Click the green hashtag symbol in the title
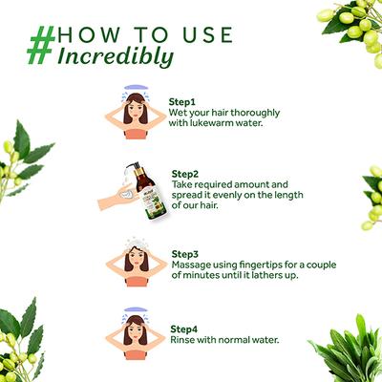click(41, 46)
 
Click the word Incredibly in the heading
click(116, 57)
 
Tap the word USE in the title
click(208, 35)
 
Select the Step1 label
click(181, 102)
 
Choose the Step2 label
click(185, 174)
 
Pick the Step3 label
click(185, 254)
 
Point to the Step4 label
click(184, 329)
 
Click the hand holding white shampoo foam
click(117, 197)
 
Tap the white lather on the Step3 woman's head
click(136, 244)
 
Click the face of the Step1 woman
click(137, 107)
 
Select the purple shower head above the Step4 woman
click(137, 309)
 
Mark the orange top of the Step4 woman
click(136, 354)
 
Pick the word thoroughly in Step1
click(255, 113)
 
